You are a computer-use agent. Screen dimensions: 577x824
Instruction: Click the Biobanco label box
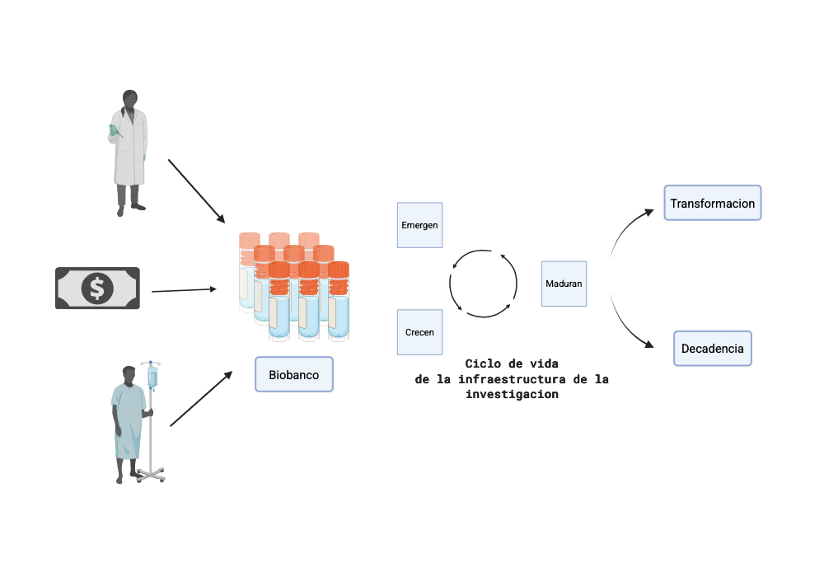pos(293,374)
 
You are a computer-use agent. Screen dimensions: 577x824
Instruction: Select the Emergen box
pos(419,225)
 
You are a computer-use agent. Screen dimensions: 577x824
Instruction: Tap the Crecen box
pos(419,332)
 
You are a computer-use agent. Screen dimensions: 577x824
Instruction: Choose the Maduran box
pos(564,284)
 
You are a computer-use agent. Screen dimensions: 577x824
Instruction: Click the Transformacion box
pos(712,203)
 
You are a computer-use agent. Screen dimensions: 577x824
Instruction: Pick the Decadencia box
pos(712,348)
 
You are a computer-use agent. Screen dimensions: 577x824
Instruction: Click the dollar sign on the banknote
pos(97,288)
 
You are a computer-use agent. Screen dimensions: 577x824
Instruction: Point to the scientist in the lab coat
pos(129,152)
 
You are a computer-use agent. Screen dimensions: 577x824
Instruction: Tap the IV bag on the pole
pos(152,377)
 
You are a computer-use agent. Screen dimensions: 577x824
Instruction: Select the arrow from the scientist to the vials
pos(196,190)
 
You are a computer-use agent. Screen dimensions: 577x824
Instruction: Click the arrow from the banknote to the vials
pos(184,290)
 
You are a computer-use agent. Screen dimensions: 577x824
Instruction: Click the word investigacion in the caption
pos(512,394)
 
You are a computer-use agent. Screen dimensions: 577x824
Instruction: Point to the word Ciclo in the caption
pos(482,364)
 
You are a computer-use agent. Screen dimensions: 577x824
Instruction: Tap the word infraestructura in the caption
pos(518,379)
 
